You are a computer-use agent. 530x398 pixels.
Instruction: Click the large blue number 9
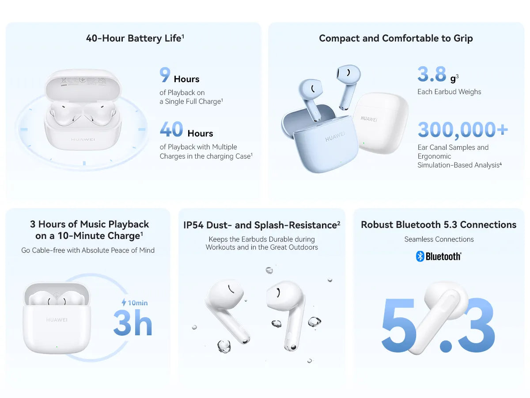pos(165,74)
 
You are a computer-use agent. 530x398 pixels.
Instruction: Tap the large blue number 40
pos(171,129)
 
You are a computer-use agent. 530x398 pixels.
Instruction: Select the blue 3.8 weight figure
pos(432,74)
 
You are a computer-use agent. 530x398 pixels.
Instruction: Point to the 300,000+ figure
pos(463,130)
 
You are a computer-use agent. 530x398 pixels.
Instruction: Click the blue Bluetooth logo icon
pos(420,256)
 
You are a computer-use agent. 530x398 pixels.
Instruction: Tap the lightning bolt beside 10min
pos(124,302)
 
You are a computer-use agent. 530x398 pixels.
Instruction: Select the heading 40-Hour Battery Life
pos(135,38)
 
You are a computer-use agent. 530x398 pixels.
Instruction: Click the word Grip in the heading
pos(463,38)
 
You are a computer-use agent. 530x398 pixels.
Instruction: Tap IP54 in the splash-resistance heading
pos(193,225)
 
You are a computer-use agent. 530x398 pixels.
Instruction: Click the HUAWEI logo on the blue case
pos(335,136)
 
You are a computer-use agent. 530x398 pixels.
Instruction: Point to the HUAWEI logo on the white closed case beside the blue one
pos(369,119)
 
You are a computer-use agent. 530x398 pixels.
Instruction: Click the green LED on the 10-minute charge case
pos(57,347)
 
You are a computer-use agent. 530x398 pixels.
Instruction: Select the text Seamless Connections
pos(439,239)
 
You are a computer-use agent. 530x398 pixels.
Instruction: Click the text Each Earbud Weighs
pos(449,92)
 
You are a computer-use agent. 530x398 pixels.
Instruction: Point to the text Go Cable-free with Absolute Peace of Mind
pos(88,250)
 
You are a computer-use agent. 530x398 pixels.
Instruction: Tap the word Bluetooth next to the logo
pos(443,257)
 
